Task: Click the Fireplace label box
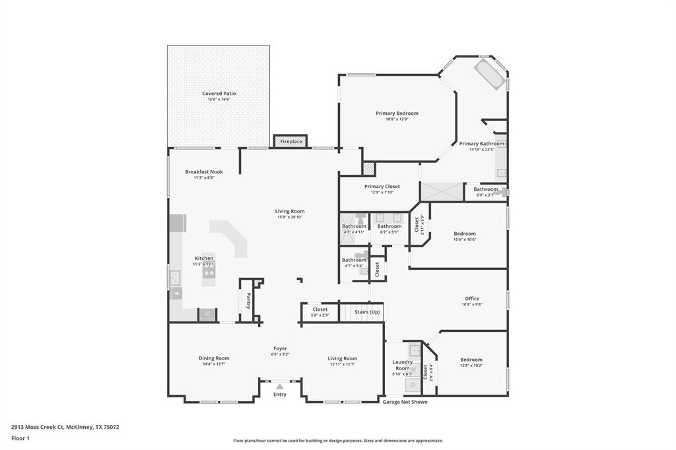pos(290,141)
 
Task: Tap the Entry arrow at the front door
pos(280,387)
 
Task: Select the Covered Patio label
pos(219,94)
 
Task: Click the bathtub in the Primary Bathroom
pos(489,74)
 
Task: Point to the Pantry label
pos(248,301)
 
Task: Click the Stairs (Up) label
pos(367,311)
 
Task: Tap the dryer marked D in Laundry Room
pos(413,384)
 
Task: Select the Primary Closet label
pos(382,187)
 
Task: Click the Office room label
pos(471,298)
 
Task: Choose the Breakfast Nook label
pos(204,172)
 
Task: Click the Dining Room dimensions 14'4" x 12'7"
pos(214,364)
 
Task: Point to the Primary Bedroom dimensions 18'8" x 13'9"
pos(397,119)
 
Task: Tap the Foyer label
pos(280,348)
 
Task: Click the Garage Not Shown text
pos(405,402)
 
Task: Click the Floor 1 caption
pos(20,438)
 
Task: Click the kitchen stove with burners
pos(209,272)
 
